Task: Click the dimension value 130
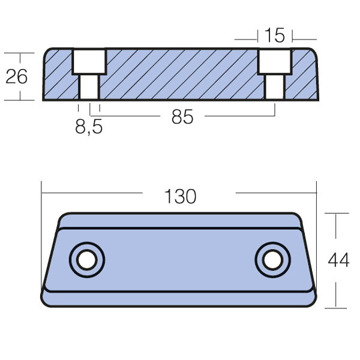point(181,196)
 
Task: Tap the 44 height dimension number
point(338,260)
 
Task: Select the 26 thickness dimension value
point(16,76)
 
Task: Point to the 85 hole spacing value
point(182,117)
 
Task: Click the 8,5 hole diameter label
point(89,127)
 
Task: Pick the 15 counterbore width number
point(275,35)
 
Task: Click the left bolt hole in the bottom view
point(87,260)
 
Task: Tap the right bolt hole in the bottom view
point(273,260)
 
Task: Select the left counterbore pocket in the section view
point(89,61)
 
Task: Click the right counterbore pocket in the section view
point(275,61)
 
